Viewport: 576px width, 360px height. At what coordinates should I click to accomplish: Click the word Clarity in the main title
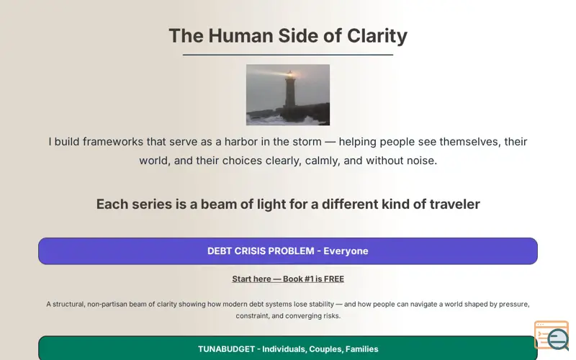(377, 37)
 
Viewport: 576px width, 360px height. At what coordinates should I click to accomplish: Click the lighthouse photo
(288, 95)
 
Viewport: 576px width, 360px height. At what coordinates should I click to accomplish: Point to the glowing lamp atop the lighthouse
(290, 75)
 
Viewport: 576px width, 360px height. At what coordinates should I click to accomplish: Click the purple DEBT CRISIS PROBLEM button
(288, 251)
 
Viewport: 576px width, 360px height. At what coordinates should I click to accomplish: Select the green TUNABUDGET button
(288, 348)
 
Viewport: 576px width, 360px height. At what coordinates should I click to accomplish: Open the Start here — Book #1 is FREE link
(288, 279)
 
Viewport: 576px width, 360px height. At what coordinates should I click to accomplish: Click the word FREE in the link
(334, 279)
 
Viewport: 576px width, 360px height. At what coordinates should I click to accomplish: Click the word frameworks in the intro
(113, 141)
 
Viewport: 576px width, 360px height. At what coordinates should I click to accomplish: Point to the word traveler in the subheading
(455, 204)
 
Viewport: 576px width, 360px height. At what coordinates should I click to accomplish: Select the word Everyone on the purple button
(346, 251)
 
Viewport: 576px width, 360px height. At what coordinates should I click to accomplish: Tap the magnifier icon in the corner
(557, 338)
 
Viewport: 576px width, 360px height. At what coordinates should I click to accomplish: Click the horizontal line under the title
(288, 55)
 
